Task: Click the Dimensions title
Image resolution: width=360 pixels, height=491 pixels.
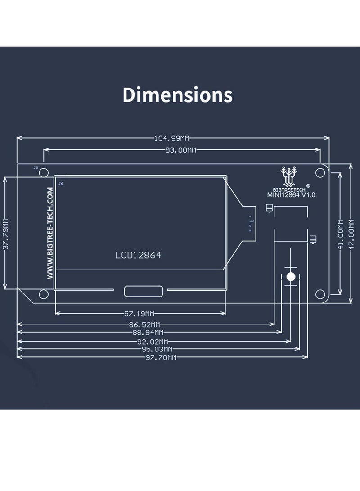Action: tap(178, 95)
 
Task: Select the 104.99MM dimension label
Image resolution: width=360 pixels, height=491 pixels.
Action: tap(173, 139)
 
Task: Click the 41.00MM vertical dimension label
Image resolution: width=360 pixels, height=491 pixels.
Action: tap(340, 234)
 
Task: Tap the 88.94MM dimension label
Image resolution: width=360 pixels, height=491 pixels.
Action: tap(148, 333)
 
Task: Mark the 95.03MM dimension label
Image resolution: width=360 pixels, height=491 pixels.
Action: tap(157, 349)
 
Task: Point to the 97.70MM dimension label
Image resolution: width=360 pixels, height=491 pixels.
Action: tap(161, 357)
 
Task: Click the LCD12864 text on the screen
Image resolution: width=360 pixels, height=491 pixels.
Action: tap(138, 255)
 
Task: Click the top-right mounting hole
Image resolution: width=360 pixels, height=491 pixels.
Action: tap(320, 172)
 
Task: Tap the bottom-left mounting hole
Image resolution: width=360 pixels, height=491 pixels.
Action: tap(44, 294)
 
